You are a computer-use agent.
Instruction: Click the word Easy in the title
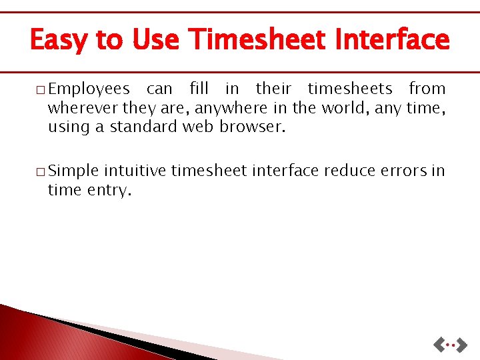click(58, 40)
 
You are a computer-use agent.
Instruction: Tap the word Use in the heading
click(156, 39)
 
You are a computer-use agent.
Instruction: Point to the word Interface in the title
click(393, 39)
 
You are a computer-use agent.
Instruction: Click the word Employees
click(89, 89)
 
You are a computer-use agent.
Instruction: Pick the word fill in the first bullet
click(199, 89)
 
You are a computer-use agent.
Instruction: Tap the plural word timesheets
click(350, 89)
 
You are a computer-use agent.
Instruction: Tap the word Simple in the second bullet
click(73, 171)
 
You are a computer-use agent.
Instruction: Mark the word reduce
click(348, 171)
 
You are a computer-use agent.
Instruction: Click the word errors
click(402, 171)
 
